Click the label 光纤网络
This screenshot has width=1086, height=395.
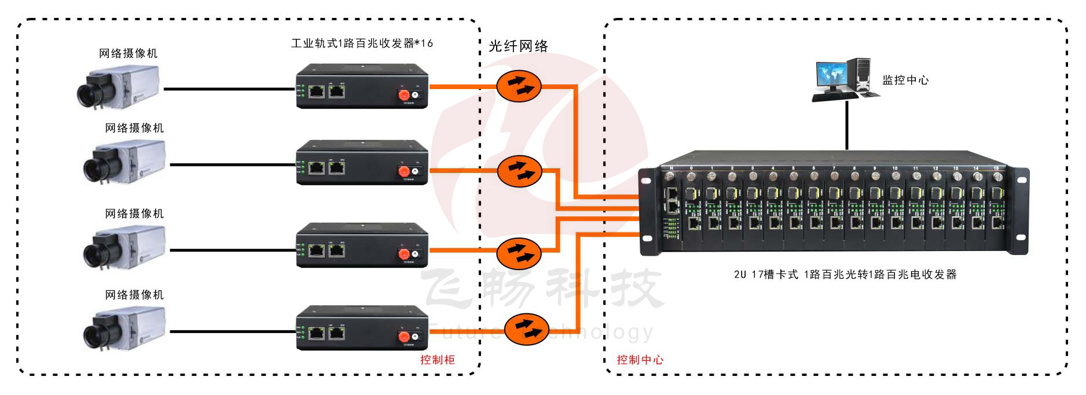click(518, 46)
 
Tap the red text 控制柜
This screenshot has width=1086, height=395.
click(438, 360)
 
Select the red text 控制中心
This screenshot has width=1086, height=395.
click(640, 360)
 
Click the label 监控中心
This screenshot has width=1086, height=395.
click(905, 80)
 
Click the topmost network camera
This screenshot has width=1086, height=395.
click(119, 87)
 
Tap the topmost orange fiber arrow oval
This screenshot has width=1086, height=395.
click(519, 86)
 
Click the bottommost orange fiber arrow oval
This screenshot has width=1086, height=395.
click(526, 329)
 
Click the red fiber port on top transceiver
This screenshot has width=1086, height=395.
click(403, 95)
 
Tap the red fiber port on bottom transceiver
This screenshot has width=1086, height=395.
click(404, 337)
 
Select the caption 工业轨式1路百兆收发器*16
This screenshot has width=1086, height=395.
click(362, 43)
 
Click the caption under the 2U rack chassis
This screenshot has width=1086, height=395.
click(845, 275)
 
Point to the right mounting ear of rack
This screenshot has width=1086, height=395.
click(1021, 211)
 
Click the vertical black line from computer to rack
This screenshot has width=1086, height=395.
click(847, 124)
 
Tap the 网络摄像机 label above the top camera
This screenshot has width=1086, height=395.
click(128, 54)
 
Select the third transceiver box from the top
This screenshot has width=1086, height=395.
click(362, 245)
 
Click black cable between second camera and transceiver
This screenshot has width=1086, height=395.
click(232, 165)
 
